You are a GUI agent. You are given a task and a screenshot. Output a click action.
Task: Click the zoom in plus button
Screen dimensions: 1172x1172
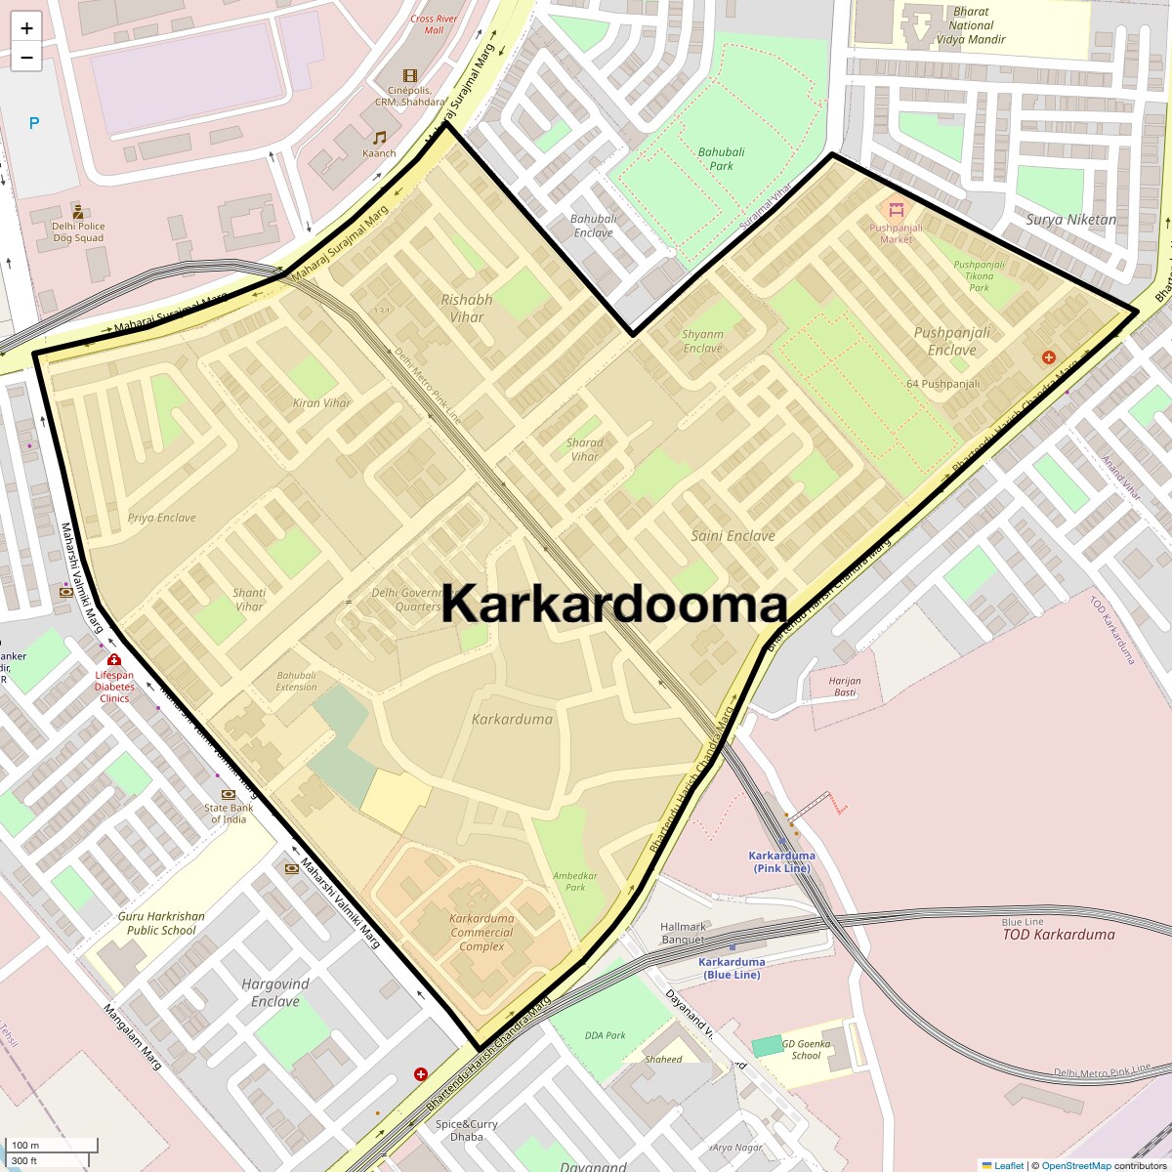[x=26, y=27]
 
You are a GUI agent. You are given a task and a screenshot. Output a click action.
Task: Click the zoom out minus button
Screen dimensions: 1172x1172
[x=26, y=57]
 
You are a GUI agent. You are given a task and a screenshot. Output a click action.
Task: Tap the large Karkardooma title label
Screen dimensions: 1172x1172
[x=614, y=605]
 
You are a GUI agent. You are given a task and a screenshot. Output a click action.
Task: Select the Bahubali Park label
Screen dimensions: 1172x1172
[x=721, y=158]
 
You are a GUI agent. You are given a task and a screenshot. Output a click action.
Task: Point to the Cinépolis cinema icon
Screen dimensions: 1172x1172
[x=409, y=76]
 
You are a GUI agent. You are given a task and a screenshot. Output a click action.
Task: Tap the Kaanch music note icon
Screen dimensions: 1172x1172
[x=380, y=138]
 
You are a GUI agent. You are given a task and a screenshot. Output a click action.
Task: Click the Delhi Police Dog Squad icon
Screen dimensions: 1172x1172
[x=78, y=211]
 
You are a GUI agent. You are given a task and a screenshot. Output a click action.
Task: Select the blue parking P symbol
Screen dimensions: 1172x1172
[x=34, y=124]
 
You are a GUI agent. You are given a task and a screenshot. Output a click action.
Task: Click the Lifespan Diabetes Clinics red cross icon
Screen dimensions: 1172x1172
[x=114, y=660]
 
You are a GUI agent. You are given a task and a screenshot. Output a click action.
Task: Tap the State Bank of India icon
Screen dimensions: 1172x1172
[x=229, y=795]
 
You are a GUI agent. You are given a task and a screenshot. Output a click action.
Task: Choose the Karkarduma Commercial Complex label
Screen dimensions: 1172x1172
[x=481, y=932]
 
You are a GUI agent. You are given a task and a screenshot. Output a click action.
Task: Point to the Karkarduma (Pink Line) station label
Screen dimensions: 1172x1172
[x=781, y=861]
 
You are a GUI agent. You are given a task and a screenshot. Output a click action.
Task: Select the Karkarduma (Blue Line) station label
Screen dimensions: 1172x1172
[x=732, y=968]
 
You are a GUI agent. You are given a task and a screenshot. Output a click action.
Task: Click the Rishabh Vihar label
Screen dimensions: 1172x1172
[x=467, y=308]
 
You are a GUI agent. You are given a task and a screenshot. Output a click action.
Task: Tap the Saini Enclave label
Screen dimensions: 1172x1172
[x=732, y=535]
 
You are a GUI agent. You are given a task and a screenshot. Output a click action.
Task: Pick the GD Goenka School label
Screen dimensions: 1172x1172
[x=806, y=1049]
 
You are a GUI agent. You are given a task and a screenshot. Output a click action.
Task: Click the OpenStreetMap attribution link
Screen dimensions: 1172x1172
[x=1075, y=1165]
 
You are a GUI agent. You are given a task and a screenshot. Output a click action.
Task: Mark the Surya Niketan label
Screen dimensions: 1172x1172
[x=1070, y=220]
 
